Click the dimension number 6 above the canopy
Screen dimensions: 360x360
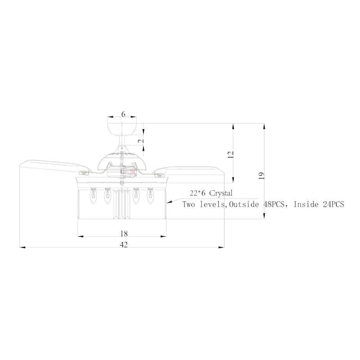click(x=123, y=114)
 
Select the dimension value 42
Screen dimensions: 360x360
click(x=124, y=245)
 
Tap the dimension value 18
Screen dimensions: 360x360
click(x=124, y=234)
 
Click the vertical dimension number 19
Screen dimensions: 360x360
click(x=261, y=175)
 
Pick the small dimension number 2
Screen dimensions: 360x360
click(x=141, y=141)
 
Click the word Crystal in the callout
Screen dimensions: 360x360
click(x=220, y=193)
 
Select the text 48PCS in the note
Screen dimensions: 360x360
click(x=274, y=204)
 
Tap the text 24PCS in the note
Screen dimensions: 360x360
click(x=333, y=204)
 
